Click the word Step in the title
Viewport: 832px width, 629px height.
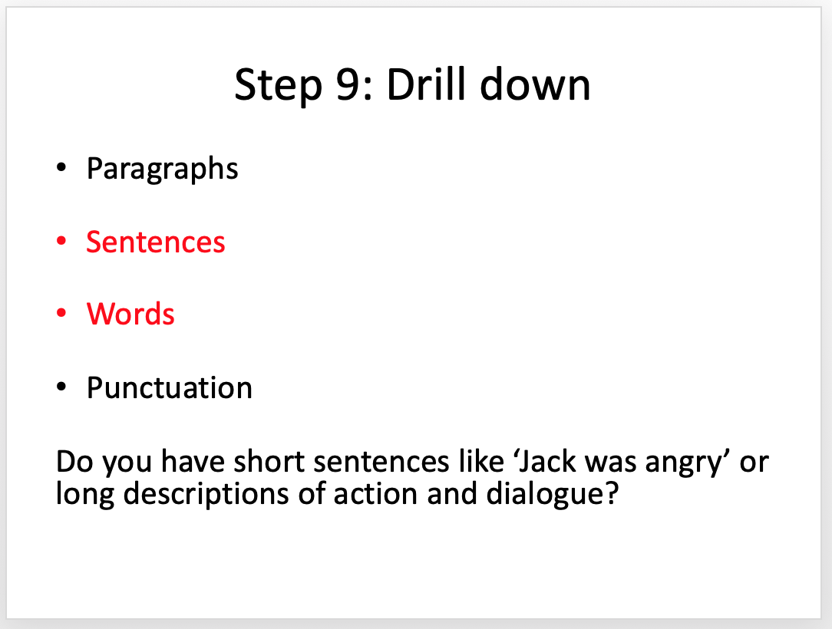coord(278,85)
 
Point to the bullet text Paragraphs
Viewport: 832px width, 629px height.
coord(163,170)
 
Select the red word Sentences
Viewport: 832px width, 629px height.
coord(156,242)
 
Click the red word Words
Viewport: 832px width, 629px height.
coord(130,314)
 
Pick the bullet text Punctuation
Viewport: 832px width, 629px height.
coord(170,387)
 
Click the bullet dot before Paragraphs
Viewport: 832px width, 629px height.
coord(61,167)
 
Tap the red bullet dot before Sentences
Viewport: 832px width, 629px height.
coord(61,241)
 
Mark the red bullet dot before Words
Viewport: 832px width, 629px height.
coord(61,313)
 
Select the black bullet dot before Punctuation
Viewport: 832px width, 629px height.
coord(61,387)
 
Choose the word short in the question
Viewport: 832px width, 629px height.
coord(269,461)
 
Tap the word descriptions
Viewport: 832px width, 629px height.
coord(206,494)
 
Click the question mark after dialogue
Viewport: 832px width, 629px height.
coord(612,493)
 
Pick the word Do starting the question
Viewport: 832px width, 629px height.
coord(74,462)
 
